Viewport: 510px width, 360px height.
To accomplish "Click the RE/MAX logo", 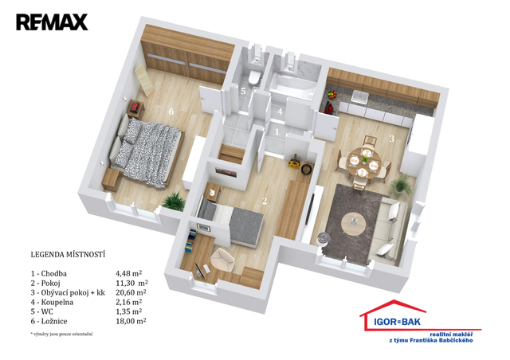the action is pyautogui.click(x=52, y=22).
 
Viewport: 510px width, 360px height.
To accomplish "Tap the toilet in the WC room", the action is pyautogui.click(x=253, y=78).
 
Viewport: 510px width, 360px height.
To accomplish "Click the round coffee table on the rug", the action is pyautogui.click(x=354, y=224).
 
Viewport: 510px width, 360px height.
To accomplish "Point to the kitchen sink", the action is pyautogui.click(x=359, y=96).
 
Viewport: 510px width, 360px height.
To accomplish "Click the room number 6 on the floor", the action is pyautogui.click(x=171, y=112).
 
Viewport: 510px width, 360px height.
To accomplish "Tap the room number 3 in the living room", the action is pyautogui.click(x=392, y=139).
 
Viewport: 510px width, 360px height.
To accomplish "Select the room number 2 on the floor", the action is pyautogui.click(x=265, y=201).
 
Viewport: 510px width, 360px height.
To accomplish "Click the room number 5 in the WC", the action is pyautogui.click(x=243, y=91).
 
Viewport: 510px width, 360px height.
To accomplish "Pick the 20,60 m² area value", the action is pyautogui.click(x=131, y=292).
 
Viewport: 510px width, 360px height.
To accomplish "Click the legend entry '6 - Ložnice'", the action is pyautogui.click(x=49, y=321).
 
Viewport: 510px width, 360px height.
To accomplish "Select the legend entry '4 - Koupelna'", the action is pyautogui.click(x=52, y=302).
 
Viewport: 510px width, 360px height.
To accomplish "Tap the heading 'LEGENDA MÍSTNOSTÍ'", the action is pyautogui.click(x=68, y=254).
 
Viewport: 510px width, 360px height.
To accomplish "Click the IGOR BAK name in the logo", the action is pyautogui.click(x=397, y=322).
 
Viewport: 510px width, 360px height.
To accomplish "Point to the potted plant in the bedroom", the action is pyautogui.click(x=174, y=201).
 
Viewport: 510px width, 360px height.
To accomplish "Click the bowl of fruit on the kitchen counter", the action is pyautogui.click(x=331, y=94).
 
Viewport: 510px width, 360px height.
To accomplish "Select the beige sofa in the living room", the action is pyautogui.click(x=388, y=230).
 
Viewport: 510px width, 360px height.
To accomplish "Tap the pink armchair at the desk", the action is pyautogui.click(x=222, y=259).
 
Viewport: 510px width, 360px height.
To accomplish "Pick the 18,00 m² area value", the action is pyautogui.click(x=131, y=321).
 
